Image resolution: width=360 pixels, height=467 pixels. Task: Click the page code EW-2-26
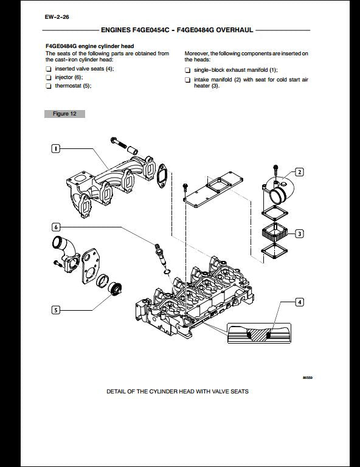click(x=57, y=16)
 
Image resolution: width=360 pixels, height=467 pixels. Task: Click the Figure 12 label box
click(x=64, y=114)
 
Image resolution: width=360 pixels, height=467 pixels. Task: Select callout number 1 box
click(x=55, y=149)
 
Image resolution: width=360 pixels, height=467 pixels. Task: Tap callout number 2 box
click(x=299, y=172)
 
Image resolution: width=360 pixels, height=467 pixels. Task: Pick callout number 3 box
click(x=299, y=233)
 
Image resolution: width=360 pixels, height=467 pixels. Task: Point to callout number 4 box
click(x=299, y=302)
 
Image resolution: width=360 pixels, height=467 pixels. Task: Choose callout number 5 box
click(x=55, y=310)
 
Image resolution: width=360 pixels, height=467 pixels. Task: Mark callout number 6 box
click(x=55, y=227)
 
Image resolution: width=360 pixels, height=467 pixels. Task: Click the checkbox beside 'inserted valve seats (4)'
click(x=49, y=69)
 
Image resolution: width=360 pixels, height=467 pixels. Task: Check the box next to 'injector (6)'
click(x=49, y=78)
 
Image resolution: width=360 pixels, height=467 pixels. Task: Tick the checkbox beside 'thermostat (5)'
click(x=49, y=86)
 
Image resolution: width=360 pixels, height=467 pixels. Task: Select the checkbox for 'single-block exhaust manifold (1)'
click(x=187, y=71)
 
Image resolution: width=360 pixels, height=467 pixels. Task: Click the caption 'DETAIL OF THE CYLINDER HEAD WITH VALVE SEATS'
click(x=177, y=392)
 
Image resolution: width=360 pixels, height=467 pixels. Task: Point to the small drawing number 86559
click(x=308, y=378)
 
